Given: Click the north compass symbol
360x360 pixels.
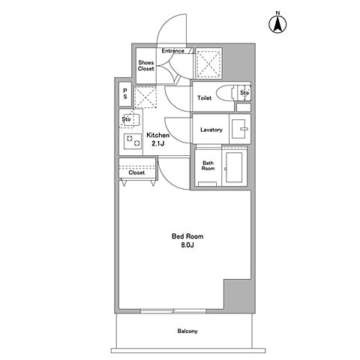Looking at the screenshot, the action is (x=277, y=24).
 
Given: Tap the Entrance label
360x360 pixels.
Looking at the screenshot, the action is (x=172, y=51).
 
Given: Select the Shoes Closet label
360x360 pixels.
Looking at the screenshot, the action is (x=146, y=65).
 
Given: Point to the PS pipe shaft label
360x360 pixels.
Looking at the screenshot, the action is (x=125, y=94).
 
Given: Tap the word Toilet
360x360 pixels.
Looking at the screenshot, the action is (x=205, y=98).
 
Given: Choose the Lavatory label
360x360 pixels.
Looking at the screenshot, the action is (x=211, y=130).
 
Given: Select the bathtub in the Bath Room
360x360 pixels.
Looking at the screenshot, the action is (x=234, y=167).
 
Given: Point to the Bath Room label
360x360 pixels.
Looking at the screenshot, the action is (x=208, y=166).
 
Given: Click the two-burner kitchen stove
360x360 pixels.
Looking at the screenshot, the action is (x=133, y=141).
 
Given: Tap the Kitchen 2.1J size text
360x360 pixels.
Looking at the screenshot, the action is (x=158, y=139).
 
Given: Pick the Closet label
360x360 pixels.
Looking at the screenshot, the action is (x=136, y=172).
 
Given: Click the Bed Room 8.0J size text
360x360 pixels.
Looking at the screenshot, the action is (x=187, y=241).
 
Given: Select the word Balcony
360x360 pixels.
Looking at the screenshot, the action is (x=187, y=331).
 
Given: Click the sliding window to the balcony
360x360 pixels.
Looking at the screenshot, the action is (x=173, y=311).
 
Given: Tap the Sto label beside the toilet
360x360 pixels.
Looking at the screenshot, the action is (x=244, y=93).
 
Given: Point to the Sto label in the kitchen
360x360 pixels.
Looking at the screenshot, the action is (x=126, y=119).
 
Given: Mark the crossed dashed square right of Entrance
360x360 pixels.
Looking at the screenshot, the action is (x=208, y=63).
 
